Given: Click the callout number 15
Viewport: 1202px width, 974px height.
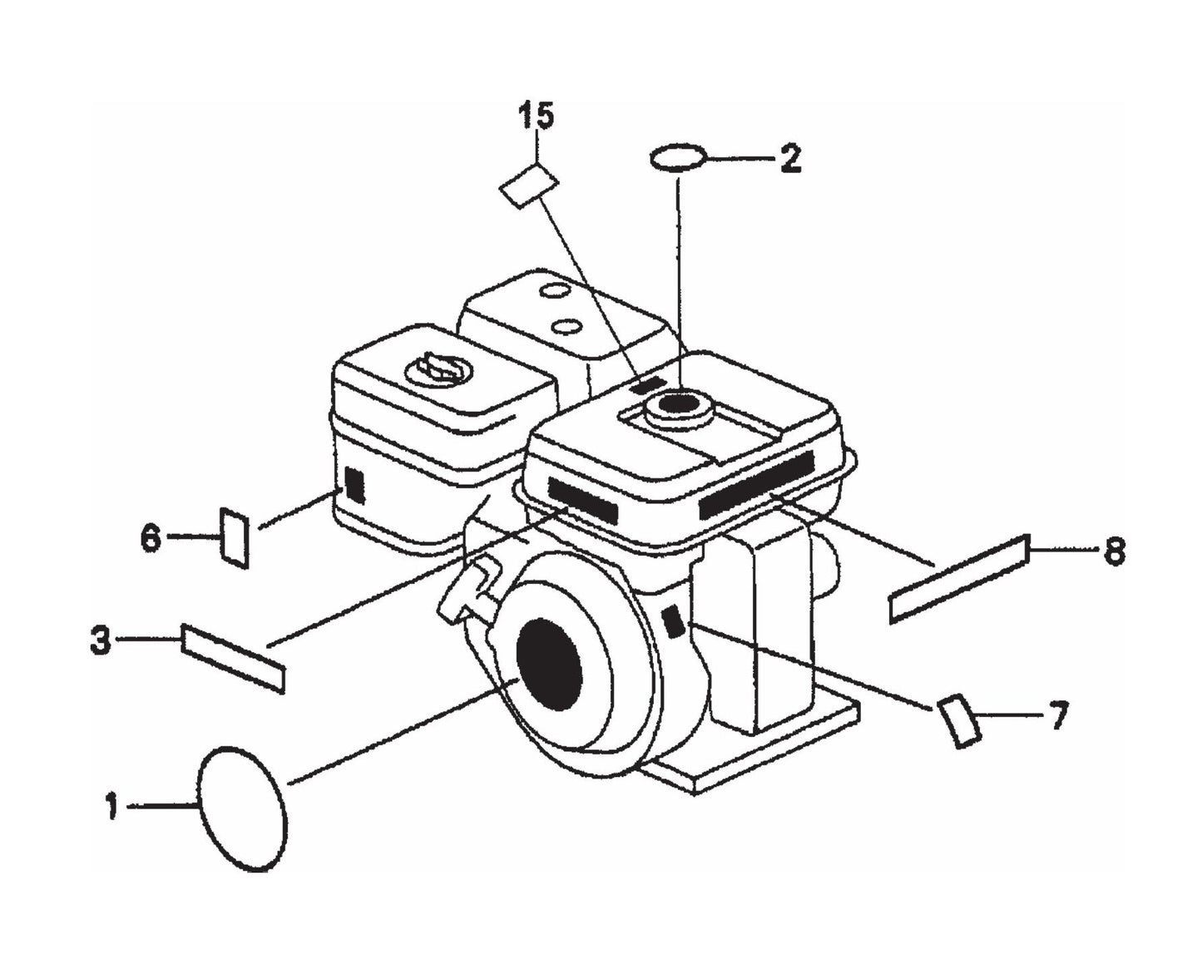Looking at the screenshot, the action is coord(537,116).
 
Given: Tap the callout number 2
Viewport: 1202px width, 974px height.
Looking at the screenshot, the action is coord(790,159).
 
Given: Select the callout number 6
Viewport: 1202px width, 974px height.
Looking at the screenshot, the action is coord(151,538).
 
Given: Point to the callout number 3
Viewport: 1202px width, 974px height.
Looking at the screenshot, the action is coord(101,641).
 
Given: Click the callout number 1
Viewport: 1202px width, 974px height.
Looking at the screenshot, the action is coord(112,807).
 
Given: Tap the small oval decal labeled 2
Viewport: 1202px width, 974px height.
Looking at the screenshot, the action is coord(679,157).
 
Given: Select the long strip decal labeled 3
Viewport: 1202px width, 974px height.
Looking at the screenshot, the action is coord(233,658).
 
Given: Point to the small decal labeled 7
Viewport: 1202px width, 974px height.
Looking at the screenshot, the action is coord(959,722).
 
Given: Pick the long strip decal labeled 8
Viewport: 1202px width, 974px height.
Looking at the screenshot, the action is coord(959,580).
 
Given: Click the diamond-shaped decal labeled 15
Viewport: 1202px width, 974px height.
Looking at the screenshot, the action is coord(529,185).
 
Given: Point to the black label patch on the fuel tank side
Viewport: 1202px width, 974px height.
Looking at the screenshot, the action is coord(354,485).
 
